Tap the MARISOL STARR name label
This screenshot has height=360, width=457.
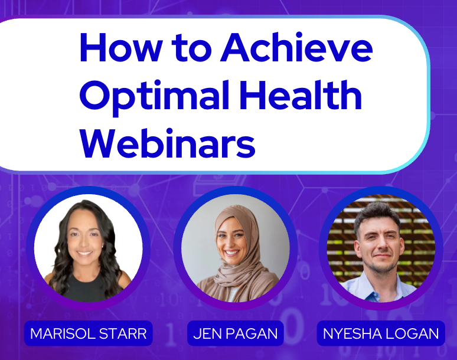pyautogui.click(x=88, y=333)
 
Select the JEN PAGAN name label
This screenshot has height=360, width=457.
pyautogui.click(x=235, y=333)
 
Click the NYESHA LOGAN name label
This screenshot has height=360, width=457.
pyautogui.click(x=380, y=333)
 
